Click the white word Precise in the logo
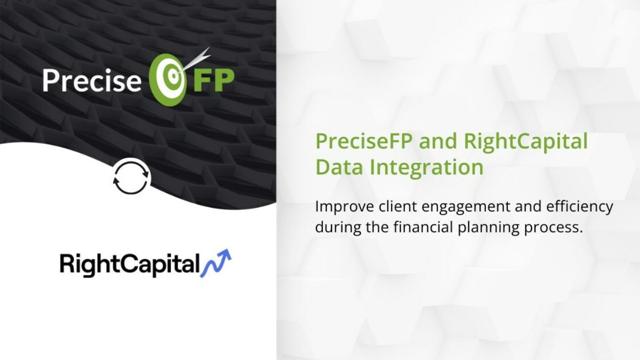(92, 80)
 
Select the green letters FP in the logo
(214, 81)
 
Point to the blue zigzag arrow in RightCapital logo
(215, 263)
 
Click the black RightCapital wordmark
(129, 264)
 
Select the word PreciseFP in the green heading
(363, 141)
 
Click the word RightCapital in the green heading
(525, 142)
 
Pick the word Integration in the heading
(426, 167)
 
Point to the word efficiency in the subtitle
(579, 207)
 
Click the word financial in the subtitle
(423, 227)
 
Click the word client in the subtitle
(397, 206)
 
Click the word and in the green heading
(437, 142)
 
